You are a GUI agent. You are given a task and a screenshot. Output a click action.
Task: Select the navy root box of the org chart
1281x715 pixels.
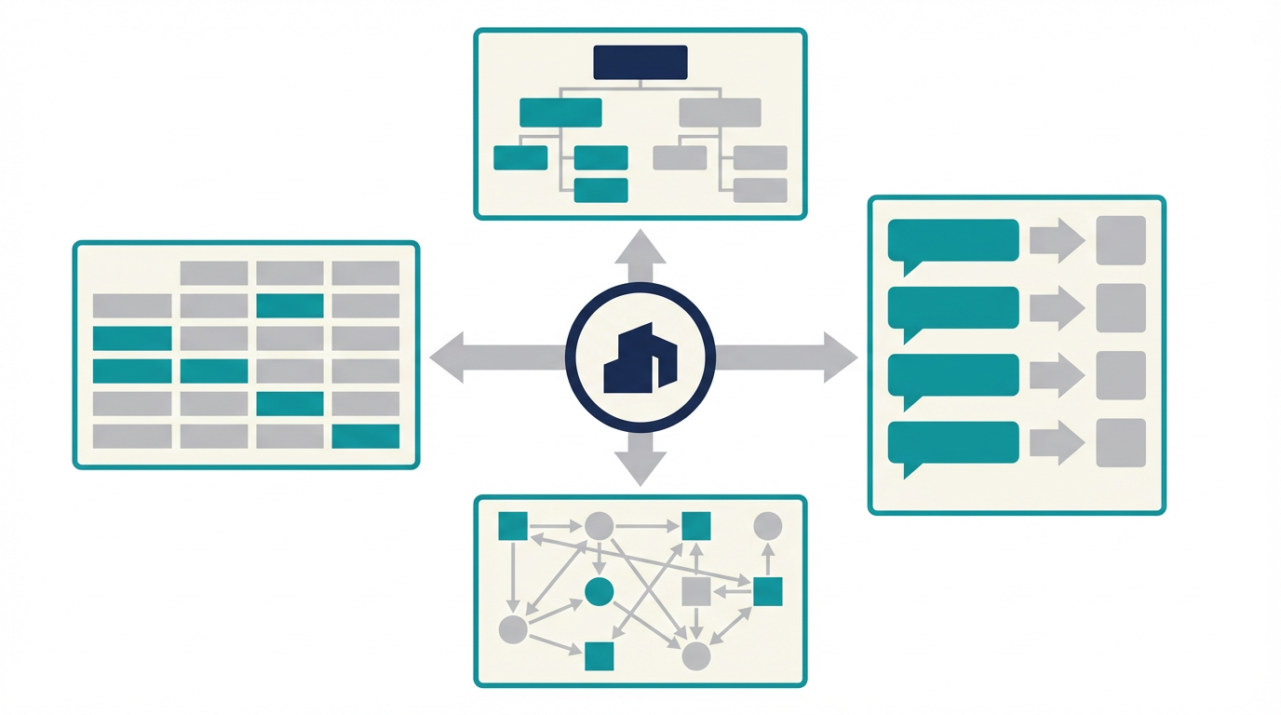[640, 62]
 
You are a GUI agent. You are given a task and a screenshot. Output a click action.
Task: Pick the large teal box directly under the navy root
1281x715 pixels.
[560, 113]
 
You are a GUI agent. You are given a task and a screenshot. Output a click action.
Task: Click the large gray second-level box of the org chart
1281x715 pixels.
[720, 113]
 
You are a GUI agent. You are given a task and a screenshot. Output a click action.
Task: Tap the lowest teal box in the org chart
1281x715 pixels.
[600, 190]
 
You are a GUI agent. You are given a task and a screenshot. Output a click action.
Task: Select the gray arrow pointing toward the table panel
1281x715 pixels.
[484, 357]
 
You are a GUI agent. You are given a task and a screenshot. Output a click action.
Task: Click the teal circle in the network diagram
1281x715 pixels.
[599, 591]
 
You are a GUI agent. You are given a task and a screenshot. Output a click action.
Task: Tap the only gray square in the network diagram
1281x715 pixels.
[696, 591]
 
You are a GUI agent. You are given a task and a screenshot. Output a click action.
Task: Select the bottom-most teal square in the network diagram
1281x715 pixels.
[599, 655]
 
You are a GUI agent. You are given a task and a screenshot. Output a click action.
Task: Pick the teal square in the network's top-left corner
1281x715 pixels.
[513, 526]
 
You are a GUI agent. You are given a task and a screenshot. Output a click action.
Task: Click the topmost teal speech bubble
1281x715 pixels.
[952, 240]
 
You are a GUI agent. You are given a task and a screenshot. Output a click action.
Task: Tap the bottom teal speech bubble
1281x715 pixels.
[952, 443]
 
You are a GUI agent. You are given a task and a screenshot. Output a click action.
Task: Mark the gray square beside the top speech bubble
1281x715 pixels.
[1121, 240]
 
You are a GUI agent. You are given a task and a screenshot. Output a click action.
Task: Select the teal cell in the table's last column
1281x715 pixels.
[366, 436]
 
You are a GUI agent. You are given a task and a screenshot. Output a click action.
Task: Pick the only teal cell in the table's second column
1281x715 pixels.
[214, 371]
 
